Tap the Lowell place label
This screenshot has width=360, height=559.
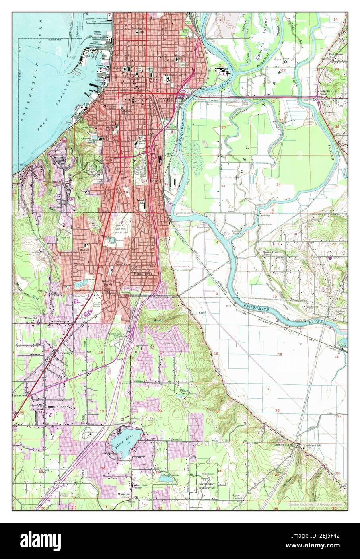tap(156, 181)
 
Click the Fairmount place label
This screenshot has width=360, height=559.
tap(20, 396)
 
